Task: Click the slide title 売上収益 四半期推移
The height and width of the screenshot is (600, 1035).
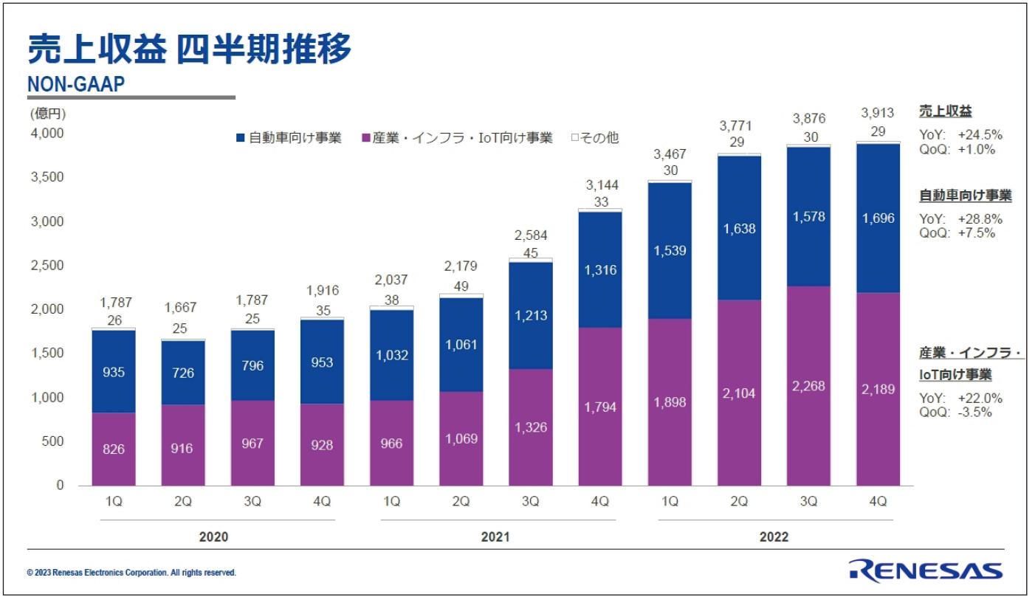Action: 189,49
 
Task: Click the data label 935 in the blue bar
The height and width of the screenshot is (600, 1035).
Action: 113,372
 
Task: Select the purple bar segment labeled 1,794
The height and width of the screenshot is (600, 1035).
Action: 599,407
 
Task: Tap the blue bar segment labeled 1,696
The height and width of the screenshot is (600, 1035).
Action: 878,218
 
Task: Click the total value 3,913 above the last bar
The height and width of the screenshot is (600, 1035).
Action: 878,113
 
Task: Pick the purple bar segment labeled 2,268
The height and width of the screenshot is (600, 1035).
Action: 808,386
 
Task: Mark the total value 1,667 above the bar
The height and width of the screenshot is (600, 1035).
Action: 182,307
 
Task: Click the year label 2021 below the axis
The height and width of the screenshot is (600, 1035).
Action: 495,537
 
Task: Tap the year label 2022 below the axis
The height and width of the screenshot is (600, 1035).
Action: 774,537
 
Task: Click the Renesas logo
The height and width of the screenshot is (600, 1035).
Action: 925,570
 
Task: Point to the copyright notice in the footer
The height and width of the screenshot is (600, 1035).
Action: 131,573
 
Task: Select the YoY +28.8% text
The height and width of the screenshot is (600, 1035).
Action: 960,219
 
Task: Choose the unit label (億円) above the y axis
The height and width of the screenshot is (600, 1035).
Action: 48,114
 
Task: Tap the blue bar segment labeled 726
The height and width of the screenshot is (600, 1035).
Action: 182,373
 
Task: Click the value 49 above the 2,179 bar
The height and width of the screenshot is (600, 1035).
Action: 461,286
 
